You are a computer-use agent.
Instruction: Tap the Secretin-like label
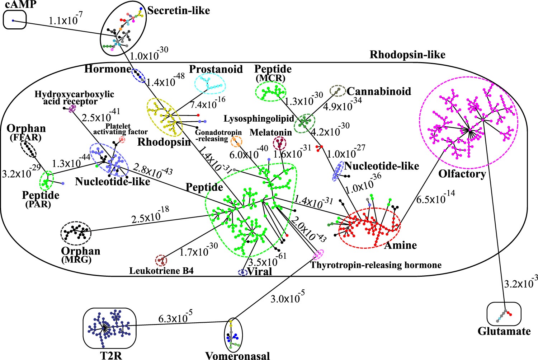tap(179, 11)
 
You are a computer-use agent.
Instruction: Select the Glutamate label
tap(504, 331)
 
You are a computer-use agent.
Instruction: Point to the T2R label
tap(111, 355)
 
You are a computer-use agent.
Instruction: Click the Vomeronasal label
tap(237, 356)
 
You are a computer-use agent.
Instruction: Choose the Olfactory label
tap(462, 174)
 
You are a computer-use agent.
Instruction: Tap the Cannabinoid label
tap(379, 92)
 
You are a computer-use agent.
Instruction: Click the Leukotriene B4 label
tap(161, 271)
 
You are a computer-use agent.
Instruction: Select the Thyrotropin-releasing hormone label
tap(376, 265)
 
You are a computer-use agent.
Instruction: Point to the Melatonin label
tap(271, 132)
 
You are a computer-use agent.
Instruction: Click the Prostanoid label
tap(216, 69)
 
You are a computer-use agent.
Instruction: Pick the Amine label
tap(400, 246)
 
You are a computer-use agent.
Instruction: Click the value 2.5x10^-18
tap(150, 216)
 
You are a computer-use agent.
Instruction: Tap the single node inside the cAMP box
tap(13, 20)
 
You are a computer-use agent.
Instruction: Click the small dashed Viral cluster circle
tap(243, 273)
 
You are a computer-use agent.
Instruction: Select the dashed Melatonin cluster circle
tap(280, 144)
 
